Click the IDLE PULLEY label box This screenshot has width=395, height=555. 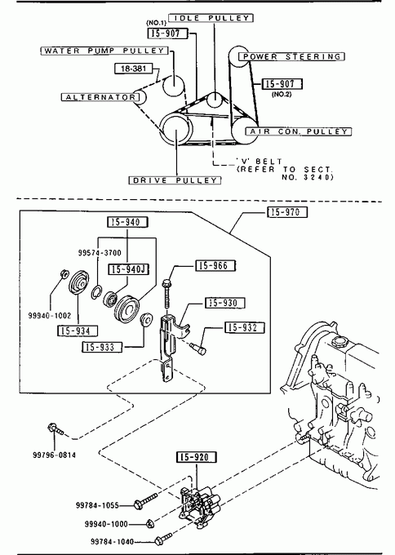tap(211, 18)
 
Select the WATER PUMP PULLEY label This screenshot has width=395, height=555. tap(104, 51)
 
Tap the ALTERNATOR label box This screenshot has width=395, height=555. tap(100, 97)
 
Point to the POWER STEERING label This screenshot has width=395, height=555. tap(291, 56)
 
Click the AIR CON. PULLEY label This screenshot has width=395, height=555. tap(299, 131)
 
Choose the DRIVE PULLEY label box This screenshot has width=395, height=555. tap(175, 180)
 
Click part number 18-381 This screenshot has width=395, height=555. tap(134, 69)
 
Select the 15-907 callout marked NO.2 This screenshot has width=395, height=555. tap(282, 84)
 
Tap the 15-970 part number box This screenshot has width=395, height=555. tap(287, 212)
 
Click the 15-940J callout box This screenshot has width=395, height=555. tap(128, 269)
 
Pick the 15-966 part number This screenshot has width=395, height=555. tap(215, 266)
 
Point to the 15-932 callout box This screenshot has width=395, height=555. tap(245, 327)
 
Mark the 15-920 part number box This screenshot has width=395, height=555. tap(197, 457)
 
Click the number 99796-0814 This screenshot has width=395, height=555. tap(54, 455)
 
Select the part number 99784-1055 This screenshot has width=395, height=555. tap(97, 505)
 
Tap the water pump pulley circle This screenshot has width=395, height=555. tap(174, 86)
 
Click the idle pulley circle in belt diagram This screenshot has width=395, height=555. tap(215, 100)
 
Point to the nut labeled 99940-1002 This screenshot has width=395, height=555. tap(64, 273)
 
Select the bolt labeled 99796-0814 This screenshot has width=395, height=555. tap(55, 428)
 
